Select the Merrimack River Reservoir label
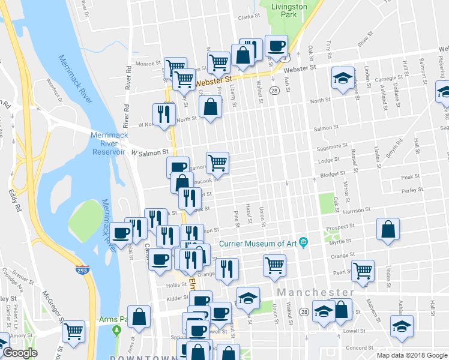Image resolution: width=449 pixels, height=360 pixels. (109, 143)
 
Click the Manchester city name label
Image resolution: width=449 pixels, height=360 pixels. (315, 292)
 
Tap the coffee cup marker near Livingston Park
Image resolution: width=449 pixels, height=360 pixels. (277, 46)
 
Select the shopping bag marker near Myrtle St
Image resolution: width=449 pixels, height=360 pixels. (388, 229)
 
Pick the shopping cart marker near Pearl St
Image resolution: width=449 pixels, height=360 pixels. (363, 271)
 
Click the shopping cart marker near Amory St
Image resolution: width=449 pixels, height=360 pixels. (74, 330)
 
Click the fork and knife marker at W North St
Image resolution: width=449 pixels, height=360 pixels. (164, 113)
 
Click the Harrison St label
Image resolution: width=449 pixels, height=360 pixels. (357, 211)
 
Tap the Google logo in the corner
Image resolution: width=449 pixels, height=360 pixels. (20, 353)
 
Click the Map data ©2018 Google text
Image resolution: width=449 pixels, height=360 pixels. (411, 355)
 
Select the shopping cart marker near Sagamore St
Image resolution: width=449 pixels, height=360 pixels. (217, 162)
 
